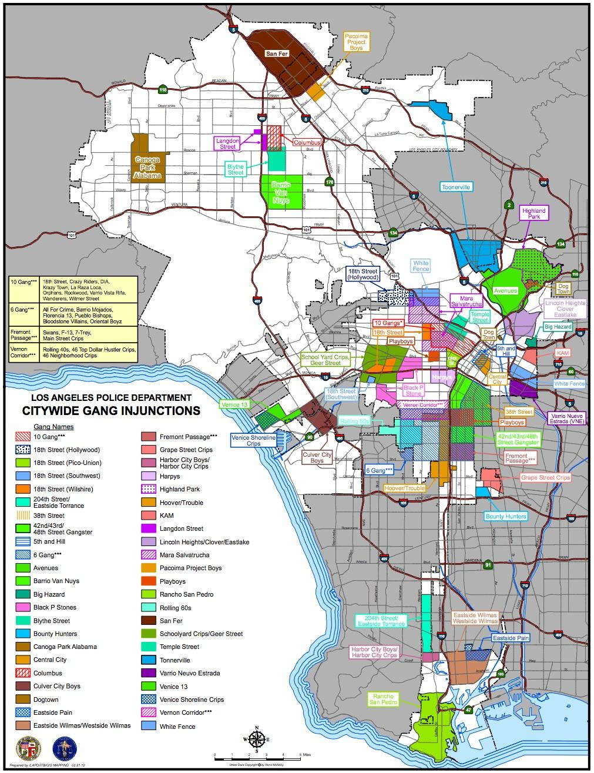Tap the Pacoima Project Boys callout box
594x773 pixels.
356,42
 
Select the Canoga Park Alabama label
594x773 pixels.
147,167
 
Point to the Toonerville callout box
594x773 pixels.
457,187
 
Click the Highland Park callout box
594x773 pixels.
533,213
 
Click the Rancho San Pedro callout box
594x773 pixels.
383,698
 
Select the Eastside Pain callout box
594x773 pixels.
511,637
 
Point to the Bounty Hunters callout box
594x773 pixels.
505,516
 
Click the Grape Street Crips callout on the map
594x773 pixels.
545,478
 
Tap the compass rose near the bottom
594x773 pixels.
257,739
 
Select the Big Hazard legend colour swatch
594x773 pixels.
23,594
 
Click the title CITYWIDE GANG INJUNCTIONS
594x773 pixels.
111,411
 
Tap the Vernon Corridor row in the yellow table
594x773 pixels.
72,352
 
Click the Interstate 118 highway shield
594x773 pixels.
163,89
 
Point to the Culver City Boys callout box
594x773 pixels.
317,457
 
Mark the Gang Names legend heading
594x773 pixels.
53,426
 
